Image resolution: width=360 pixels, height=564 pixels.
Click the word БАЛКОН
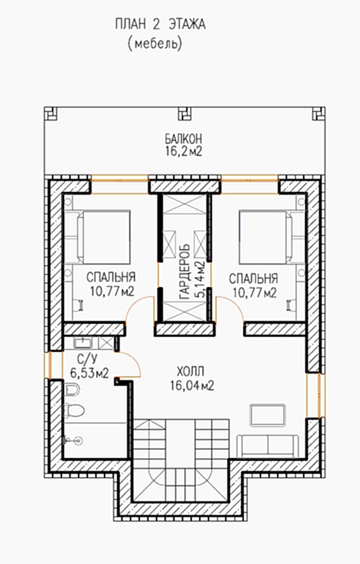(x=183, y=138)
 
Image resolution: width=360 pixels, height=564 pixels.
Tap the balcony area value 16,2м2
(x=183, y=151)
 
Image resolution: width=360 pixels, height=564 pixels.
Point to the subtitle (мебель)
(x=154, y=43)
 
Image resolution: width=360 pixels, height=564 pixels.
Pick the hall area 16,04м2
(x=193, y=386)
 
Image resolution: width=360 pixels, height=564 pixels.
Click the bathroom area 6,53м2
(x=89, y=374)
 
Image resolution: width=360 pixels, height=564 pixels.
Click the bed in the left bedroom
(x=103, y=237)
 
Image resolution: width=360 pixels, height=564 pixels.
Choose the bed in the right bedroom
(x=265, y=237)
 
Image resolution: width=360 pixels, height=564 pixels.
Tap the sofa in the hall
(x=268, y=446)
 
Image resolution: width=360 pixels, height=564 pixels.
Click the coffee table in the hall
(x=268, y=415)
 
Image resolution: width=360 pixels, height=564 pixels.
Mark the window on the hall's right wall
(x=313, y=395)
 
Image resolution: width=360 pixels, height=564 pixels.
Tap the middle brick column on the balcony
(x=185, y=114)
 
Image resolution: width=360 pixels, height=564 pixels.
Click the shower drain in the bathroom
(x=80, y=439)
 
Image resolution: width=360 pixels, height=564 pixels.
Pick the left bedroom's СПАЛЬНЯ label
(x=111, y=278)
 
